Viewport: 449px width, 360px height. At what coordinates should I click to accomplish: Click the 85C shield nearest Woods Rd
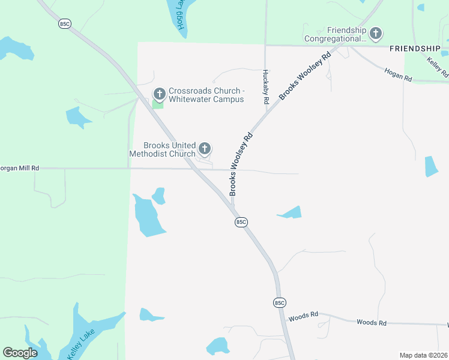click(279, 302)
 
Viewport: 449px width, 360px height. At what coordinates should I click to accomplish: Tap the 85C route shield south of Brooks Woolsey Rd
click(241, 222)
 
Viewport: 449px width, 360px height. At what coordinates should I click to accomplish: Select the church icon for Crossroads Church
click(160, 94)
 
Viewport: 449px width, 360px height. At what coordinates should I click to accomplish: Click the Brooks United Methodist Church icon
click(205, 149)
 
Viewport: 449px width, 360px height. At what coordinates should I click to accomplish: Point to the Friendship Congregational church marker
click(376, 34)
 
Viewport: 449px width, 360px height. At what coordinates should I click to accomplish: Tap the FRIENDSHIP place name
click(414, 47)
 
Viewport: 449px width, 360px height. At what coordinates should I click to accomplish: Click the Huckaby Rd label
click(265, 87)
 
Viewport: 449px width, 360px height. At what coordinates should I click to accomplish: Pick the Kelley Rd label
click(437, 67)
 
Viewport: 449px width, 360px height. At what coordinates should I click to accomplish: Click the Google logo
click(20, 353)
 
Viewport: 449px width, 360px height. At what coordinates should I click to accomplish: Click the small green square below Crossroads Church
click(157, 104)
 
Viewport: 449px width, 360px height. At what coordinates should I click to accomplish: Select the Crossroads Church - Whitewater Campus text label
click(206, 95)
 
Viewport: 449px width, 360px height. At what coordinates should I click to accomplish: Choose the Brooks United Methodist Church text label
click(162, 149)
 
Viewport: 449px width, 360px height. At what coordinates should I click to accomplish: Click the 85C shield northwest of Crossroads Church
click(65, 23)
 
